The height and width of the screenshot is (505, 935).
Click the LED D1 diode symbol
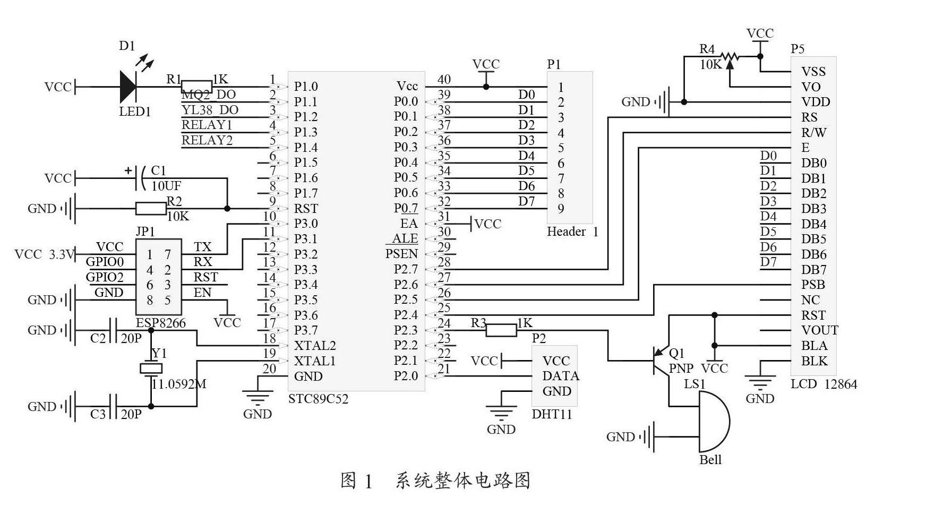[128, 87]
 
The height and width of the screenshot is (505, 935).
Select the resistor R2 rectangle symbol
[151, 209]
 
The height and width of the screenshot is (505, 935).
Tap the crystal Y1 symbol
[151, 369]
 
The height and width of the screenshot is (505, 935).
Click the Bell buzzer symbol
[714, 422]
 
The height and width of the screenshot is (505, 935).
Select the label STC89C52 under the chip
[318, 399]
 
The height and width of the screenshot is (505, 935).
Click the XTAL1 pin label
[315, 361]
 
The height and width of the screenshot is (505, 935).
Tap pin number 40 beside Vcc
[444, 80]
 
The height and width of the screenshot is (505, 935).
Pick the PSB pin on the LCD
[813, 285]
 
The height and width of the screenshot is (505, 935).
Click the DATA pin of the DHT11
[560, 376]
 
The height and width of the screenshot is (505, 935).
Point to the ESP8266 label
[160, 323]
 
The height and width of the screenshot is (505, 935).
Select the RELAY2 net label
[207, 140]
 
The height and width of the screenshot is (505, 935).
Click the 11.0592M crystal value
[179, 384]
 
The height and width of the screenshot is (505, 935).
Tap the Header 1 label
[572, 232]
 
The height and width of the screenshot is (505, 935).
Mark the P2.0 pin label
[406, 376]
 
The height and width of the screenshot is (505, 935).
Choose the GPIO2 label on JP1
[105, 277]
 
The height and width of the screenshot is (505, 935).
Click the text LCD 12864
[824, 384]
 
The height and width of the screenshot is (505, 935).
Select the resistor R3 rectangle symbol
[501, 331]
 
